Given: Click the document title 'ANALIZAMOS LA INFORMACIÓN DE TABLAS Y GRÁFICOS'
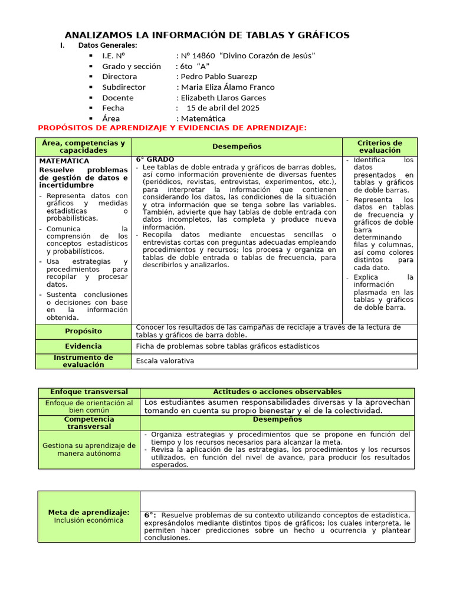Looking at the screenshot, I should coord(206,35).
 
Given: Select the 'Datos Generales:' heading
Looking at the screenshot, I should coord(107,45).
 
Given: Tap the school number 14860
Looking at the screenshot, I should coord(203,55).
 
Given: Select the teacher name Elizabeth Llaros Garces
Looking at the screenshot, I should coord(224,98).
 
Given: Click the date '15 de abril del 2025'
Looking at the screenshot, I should coord(223,108).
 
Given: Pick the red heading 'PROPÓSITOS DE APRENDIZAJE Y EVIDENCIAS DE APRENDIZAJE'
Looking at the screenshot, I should coord(172,128).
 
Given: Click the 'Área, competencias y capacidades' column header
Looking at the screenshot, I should coord(84,147).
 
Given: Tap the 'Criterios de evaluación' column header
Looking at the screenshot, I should coord(380,147).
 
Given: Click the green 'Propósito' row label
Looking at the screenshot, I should coord(84,331).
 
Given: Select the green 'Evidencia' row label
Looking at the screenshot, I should coord(84,346).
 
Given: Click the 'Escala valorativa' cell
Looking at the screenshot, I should coord(165,361).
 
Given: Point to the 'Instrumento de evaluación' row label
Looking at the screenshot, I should coord(84,361).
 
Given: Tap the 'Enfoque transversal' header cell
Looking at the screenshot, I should coord(89,392).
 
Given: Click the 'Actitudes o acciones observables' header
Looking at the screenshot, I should coord(277,392).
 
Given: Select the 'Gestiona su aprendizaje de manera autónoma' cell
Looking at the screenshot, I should coord(89,449).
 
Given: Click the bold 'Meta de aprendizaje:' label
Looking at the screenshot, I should coord(89,513).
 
